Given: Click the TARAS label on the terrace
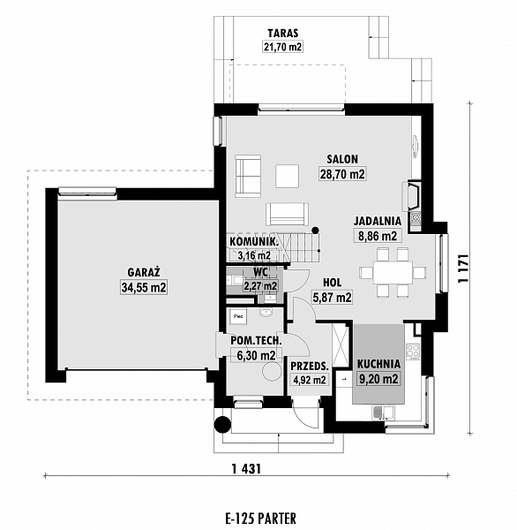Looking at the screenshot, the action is [283, 34].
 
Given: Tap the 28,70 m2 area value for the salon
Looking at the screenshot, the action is [342, 174].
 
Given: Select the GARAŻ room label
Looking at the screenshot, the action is [144, 272].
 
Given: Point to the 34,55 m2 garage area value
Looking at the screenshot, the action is [144, 287].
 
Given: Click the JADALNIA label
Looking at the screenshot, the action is [378, 221].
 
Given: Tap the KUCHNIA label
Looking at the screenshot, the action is [378, 364].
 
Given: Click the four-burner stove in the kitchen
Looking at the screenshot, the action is [413, 351].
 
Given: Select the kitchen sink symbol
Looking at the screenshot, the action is [383, 412].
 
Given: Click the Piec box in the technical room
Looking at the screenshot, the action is [238, 317].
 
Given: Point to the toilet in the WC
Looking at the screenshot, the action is [235, 280].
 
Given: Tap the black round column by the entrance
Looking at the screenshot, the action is [223, 424].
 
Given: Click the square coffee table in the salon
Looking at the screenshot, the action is [287, 176].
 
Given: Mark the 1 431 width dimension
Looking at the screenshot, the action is [246, 469].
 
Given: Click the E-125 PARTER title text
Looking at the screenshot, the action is [260, 519].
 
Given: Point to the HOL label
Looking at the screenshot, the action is [333, 283].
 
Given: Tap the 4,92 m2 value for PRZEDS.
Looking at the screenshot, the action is [310, 380].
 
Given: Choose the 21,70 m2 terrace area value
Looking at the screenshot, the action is [282, 47].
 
